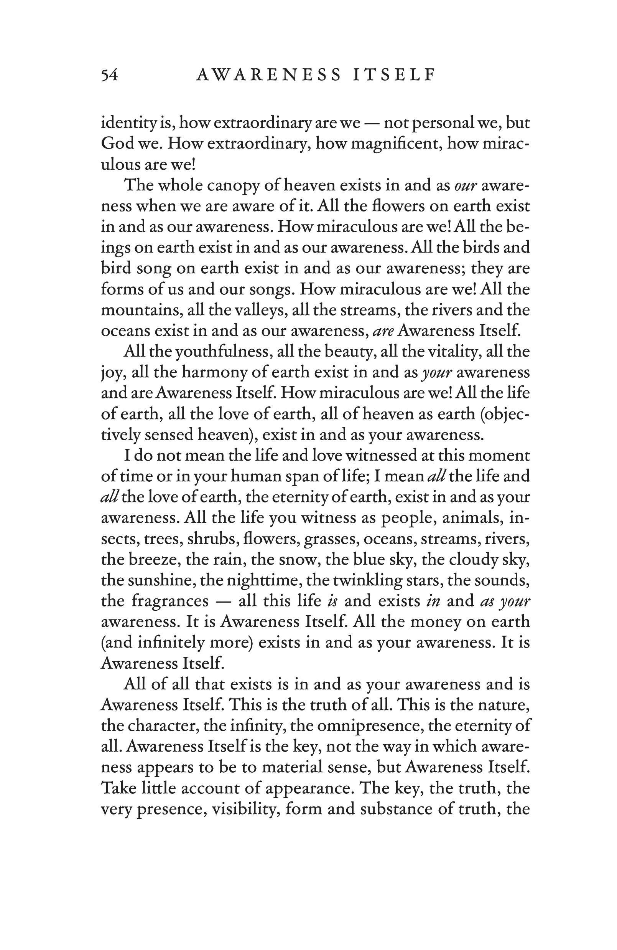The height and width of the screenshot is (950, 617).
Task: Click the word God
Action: pos(117,143)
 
